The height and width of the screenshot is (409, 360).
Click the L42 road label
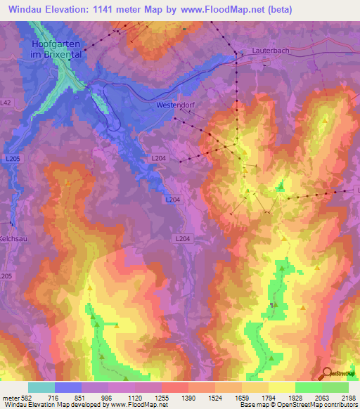[6, 103]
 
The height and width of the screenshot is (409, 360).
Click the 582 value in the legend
[22, 397]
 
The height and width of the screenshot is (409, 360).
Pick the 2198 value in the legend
[349, 397]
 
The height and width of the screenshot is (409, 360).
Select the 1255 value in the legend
[161, 397]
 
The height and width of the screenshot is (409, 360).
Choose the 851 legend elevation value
[79, 397]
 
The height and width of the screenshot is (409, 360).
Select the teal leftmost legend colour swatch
[41, 387]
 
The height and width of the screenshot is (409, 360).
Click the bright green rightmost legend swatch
[335, 387]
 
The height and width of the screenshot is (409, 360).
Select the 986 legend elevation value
[107, 397]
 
